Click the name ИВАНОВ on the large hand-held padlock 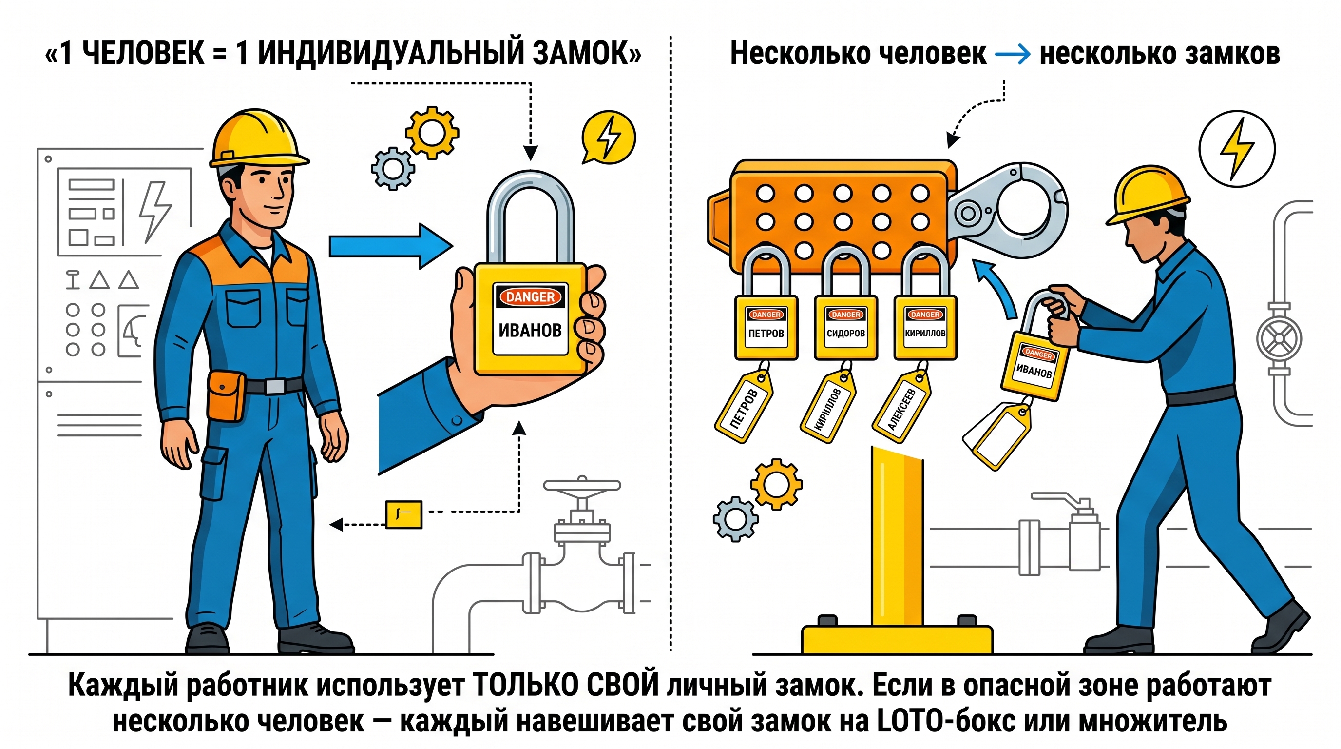click(530, 330)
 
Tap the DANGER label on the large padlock click(530, 297)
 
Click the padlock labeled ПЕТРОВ click(766, 305)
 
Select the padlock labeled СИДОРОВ click(846, 305)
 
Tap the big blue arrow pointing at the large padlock click(391, 246)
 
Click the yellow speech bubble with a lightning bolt click(609, 137)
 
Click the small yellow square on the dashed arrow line click(403, 514)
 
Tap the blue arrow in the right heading click(1013, 54)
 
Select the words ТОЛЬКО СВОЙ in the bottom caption click(565, 686)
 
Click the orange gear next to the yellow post click(776, 484)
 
